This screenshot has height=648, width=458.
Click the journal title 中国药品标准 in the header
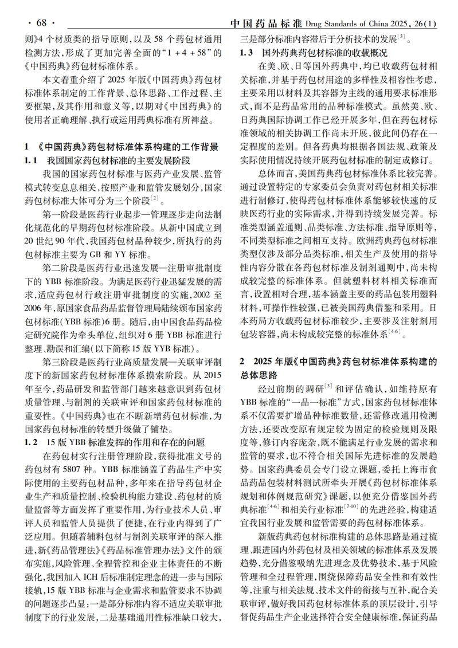(265, 23)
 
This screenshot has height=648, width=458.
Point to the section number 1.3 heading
(246, 53)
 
